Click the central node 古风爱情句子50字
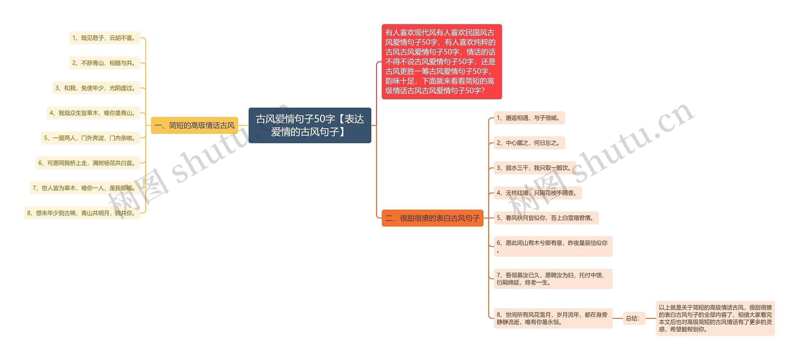click(310, 125)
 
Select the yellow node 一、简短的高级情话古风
click(194, 125)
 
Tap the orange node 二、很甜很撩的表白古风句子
click(432, 218)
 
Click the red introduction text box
click(441, 62)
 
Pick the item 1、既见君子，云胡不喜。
click(105, 38)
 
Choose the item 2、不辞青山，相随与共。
click(105, 63)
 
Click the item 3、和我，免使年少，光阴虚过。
click(96, 88)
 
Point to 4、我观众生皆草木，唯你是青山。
click(94, 113)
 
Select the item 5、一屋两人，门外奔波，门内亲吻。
click(91, 138)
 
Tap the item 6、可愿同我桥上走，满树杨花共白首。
click(88, 163)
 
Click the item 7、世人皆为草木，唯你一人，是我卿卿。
click(85, 188)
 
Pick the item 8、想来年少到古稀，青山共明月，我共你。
click(82, 213)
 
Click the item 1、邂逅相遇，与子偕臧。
click(529, 118)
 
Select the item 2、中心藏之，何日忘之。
click(529, 143)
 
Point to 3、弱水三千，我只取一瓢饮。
click(535, 168)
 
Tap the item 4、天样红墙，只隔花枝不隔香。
click(537, 193)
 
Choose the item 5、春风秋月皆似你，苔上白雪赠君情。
click(546, 218)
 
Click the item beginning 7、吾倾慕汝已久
click(553, 279)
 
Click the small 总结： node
click(634, 318)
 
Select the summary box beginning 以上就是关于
click(715, 318)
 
